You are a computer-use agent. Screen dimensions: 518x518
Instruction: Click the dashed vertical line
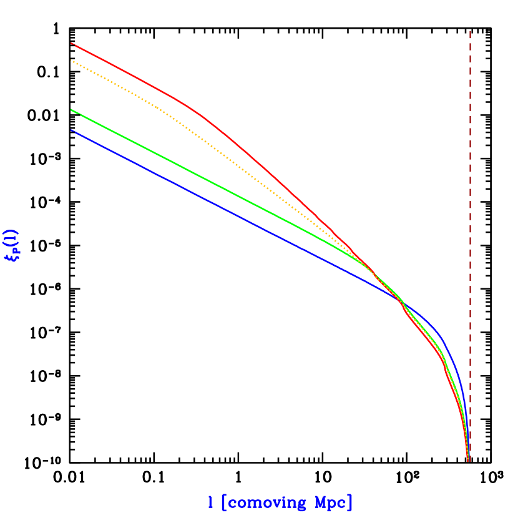tap(470, 187)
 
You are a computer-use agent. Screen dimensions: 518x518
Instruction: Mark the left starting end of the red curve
tap(72, 43)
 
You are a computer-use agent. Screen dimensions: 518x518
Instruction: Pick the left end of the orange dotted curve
tap(72, 60)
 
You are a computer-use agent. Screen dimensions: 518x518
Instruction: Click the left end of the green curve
tap(72, 110)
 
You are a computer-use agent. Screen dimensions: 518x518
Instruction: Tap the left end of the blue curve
tap(72, 130)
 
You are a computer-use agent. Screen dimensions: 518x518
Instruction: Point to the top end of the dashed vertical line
tap(470, 31)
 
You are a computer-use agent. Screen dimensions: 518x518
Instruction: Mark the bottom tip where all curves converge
tap(468, 461)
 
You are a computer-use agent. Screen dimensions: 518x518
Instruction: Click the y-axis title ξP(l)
tap(12, 245)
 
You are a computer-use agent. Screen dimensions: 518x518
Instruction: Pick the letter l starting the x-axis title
tap(210, 502)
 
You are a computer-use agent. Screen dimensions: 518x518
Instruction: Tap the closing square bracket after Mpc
tap(349, 502)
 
